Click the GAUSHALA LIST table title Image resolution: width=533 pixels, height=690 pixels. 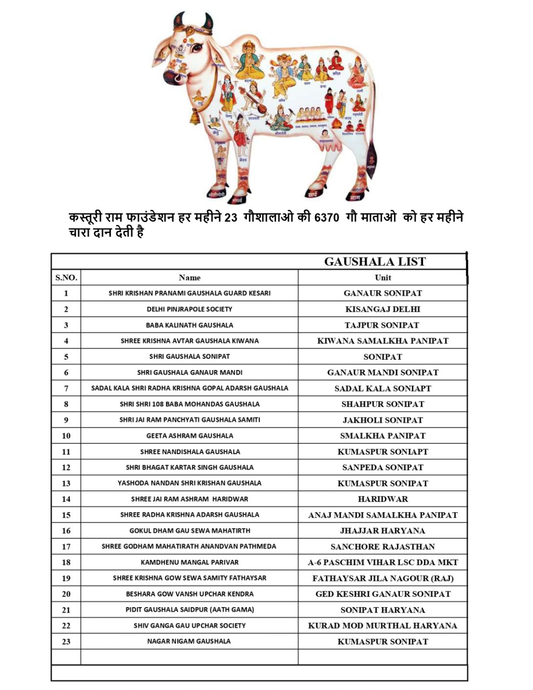375,261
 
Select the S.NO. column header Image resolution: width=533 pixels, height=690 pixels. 66,277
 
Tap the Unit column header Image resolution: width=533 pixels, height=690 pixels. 383,277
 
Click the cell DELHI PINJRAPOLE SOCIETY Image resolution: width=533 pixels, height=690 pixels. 189,309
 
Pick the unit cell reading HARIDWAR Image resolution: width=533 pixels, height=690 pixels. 383,499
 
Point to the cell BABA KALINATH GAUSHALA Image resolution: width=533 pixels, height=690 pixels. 189,325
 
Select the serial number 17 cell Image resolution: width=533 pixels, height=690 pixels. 66,546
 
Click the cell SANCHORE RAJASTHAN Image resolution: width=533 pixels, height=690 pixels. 383,546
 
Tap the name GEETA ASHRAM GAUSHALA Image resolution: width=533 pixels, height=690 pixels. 189,436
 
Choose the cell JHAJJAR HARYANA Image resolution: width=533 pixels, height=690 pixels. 383,530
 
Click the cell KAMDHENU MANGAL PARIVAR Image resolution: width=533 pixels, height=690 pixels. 189,562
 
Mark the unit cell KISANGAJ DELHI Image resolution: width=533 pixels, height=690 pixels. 383,309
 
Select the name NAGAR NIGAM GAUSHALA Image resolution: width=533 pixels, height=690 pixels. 189,641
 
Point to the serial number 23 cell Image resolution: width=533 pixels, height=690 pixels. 66,641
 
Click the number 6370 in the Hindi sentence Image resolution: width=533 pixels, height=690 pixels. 326,217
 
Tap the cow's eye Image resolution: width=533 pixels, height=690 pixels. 197,47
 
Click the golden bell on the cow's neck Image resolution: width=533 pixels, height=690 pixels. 195,116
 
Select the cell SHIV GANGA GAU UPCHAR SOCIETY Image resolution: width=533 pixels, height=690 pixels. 189,625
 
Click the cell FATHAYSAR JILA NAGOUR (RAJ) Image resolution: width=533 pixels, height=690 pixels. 383,578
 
